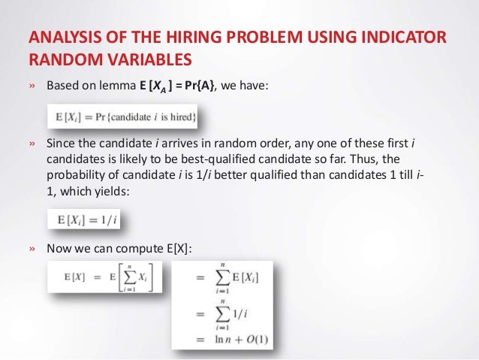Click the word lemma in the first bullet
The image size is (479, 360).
click(116, 86)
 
